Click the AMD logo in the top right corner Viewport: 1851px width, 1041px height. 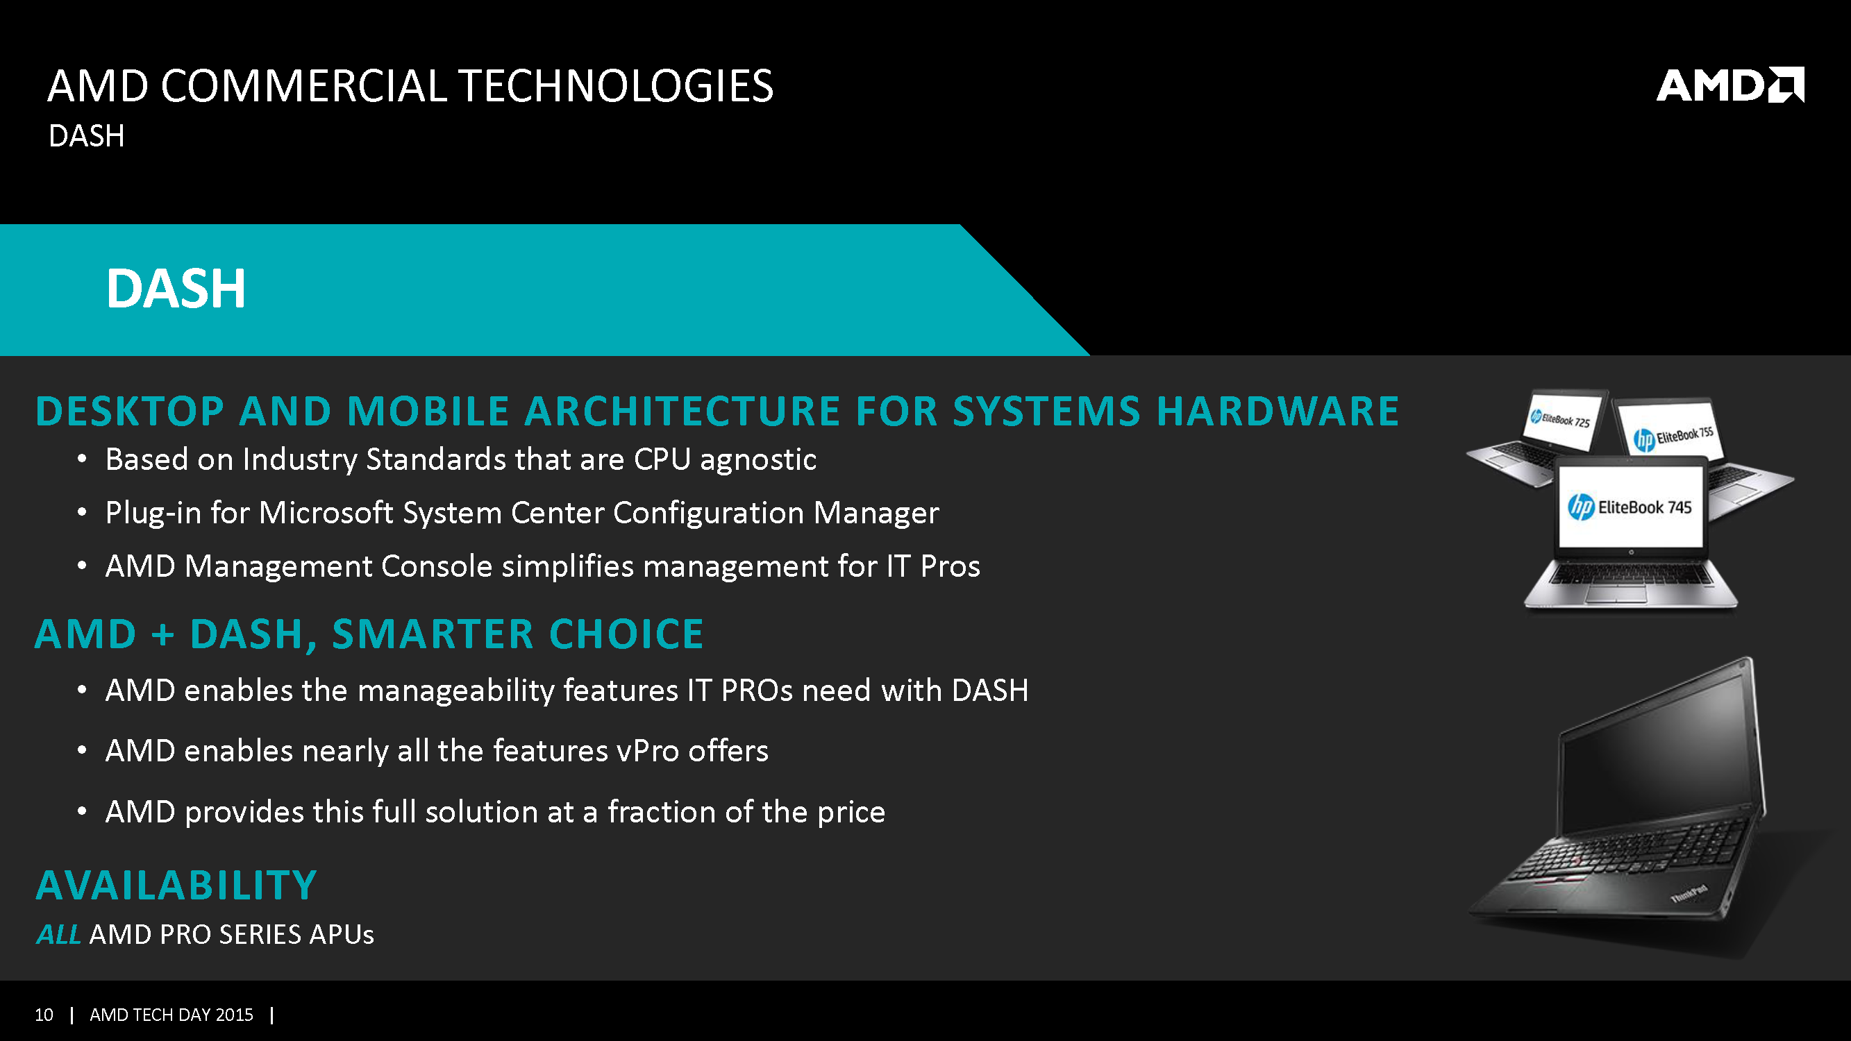(x=1729, y=85)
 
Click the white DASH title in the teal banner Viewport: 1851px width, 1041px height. (x=176, y=289)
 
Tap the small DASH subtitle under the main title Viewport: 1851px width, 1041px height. (x=86, y=136)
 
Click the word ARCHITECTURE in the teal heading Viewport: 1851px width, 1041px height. (x=682, y=411)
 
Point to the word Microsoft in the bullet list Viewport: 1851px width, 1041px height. (x=326, y=513)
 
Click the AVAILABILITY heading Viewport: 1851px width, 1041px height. (x=176, y=885)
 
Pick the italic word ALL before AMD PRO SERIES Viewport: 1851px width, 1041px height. (x=58, y=935)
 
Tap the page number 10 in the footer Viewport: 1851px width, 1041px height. (x=44, y=1015)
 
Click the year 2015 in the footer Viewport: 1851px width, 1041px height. (x=234, y=1015)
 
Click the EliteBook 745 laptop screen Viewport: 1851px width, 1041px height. (x=1630, y=507)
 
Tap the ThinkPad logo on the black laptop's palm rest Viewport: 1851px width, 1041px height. (x=1688, y=894)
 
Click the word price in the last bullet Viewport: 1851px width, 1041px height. (x=851, y=813)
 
